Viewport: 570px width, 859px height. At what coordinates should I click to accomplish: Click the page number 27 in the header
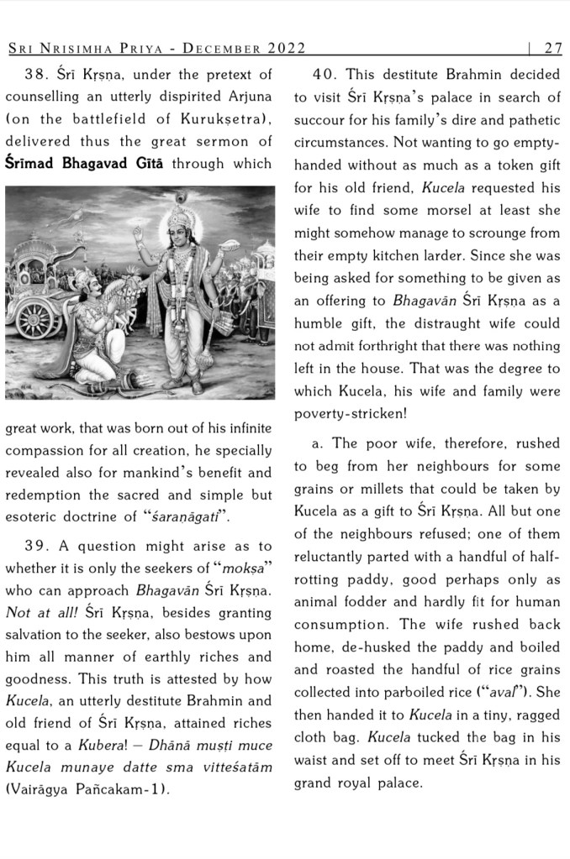click(553, 48)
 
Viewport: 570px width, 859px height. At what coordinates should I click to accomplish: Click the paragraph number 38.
click(38, 76)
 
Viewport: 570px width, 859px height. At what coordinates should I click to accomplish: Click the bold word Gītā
click(144, 163)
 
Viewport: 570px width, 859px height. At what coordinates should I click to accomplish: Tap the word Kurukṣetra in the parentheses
click(223, 119)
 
